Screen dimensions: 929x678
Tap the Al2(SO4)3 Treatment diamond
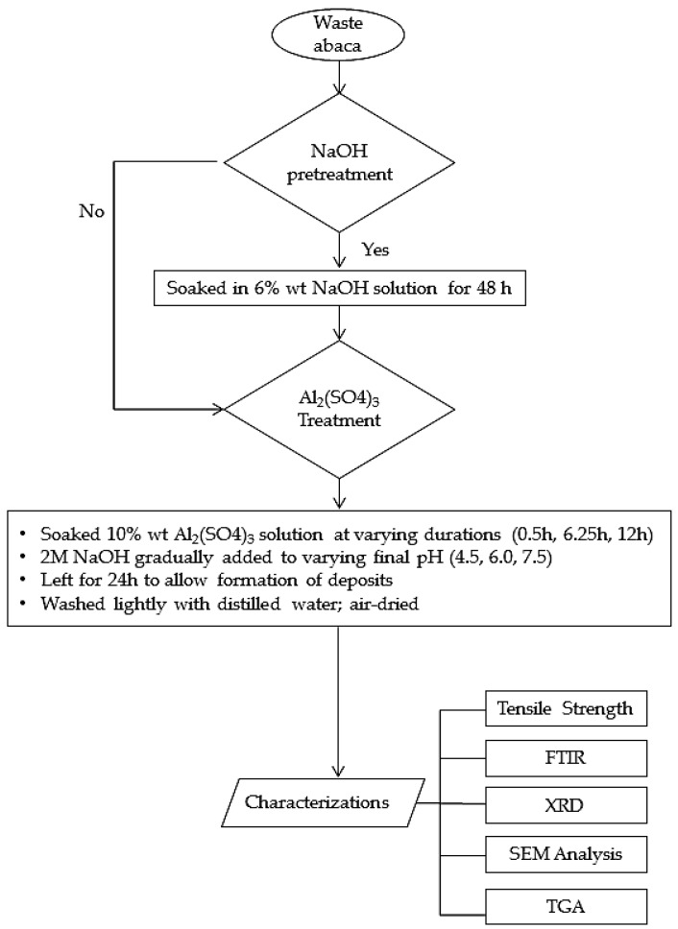pos(339,409)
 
